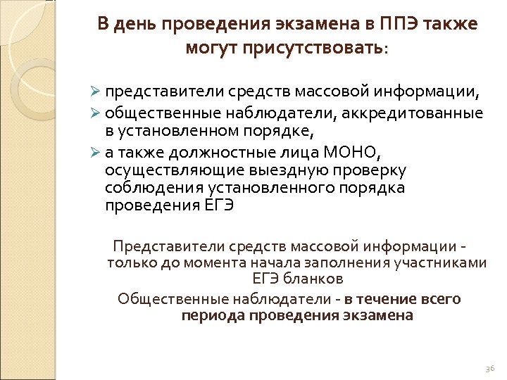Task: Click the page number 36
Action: pyautogui.click(x=490, y=369)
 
